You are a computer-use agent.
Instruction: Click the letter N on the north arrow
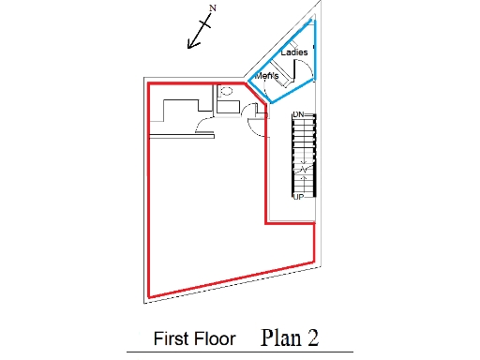tap(213, 8)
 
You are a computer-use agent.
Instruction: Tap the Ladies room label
tap(294, 52)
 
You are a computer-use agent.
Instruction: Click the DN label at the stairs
tap(298, 114)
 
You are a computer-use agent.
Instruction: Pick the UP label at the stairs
tap(298, 197)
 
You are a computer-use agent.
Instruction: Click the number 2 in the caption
tap(313, 337)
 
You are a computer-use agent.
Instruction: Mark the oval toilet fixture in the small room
tap(225, 91)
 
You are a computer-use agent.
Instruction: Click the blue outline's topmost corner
tap(313, 21)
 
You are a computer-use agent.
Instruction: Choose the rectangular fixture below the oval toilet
tap(227, 105)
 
